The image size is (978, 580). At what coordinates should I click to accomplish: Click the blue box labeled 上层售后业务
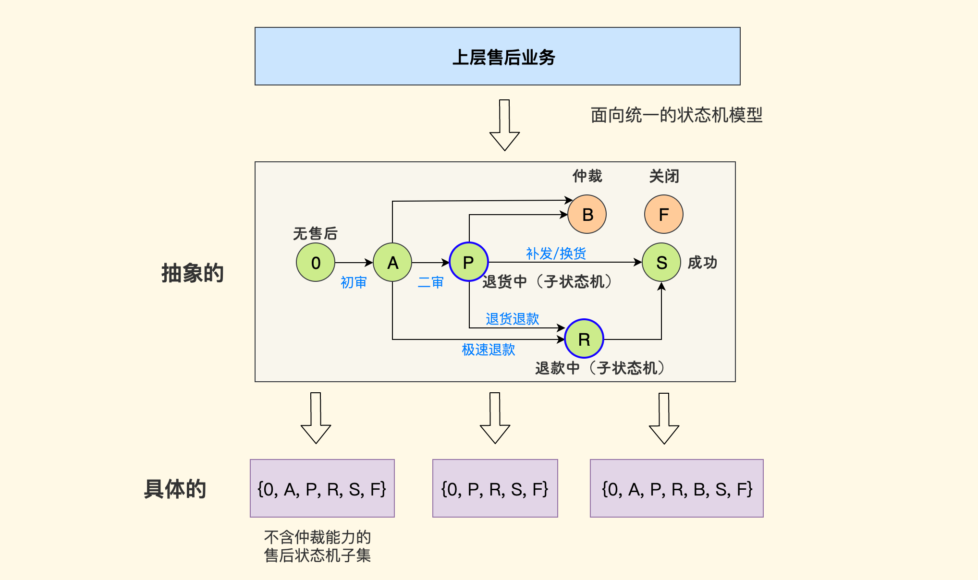(x=497, y=56)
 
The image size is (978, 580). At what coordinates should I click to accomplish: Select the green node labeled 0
(x=316, y=262)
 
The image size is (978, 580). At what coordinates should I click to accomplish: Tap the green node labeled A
(x=392, y=262)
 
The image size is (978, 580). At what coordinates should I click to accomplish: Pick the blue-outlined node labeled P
(x=469, y=262)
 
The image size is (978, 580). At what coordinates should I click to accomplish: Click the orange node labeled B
(x=587, y=214)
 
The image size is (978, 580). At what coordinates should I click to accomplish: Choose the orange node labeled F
(x=664, y=214)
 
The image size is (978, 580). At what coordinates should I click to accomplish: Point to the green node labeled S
(x=661, y=262)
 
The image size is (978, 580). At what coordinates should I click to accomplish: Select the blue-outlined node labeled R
(x=584, y=338)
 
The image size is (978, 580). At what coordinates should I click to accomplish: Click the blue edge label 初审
(x=354, y=282)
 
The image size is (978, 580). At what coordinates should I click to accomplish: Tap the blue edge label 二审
(x=430, y=282)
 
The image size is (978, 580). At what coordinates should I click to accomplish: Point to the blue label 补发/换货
(x=556, y=253)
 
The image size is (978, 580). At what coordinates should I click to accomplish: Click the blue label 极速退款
(x=488, y=350)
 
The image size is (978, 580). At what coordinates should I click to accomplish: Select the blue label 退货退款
(x=512, y=319)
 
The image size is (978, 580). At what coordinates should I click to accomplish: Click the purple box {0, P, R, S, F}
(x=495, y=488)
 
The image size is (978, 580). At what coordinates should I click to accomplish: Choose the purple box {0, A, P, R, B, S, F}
(x=676, y=488)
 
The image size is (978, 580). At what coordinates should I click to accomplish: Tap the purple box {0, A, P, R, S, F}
(x=322, y=488)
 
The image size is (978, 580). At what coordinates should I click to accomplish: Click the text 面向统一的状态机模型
(x=676, y=115)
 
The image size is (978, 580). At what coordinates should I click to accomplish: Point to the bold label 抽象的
(x=193, y=273)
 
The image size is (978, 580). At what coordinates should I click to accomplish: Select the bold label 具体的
(x=175, y=489)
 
